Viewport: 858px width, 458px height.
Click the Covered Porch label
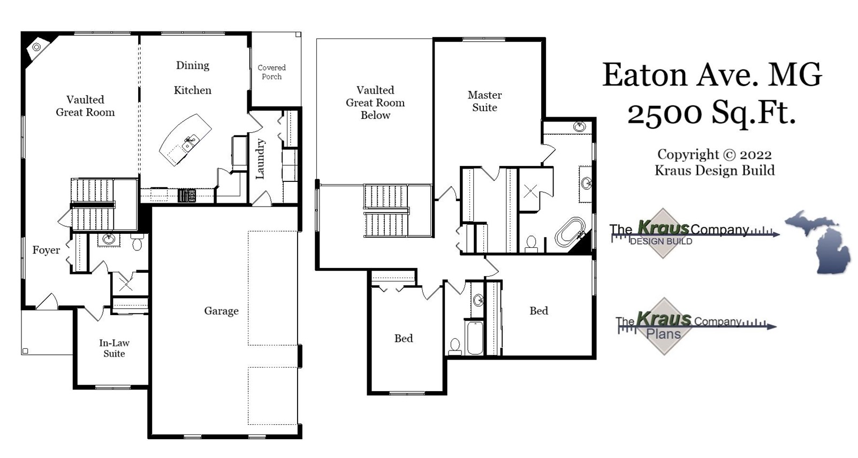271,72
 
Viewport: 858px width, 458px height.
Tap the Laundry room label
261,159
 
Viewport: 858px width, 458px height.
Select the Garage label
221,311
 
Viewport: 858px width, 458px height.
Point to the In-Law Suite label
114,348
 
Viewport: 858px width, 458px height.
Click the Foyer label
46,250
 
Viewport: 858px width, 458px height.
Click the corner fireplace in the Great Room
36,47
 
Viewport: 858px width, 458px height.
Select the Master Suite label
484,101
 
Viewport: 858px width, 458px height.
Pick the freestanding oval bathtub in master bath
570,231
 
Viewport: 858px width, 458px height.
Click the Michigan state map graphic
819,241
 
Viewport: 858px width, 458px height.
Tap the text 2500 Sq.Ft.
711,113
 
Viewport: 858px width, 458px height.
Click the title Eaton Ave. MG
712,75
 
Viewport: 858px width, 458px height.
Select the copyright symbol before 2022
729,155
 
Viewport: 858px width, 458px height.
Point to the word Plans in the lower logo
664,334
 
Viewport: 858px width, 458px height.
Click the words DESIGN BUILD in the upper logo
661,241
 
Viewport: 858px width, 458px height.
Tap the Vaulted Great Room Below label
375,103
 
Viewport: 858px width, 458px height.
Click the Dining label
193,65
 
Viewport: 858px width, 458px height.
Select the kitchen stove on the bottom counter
187,195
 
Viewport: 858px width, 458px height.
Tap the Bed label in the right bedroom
538,311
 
